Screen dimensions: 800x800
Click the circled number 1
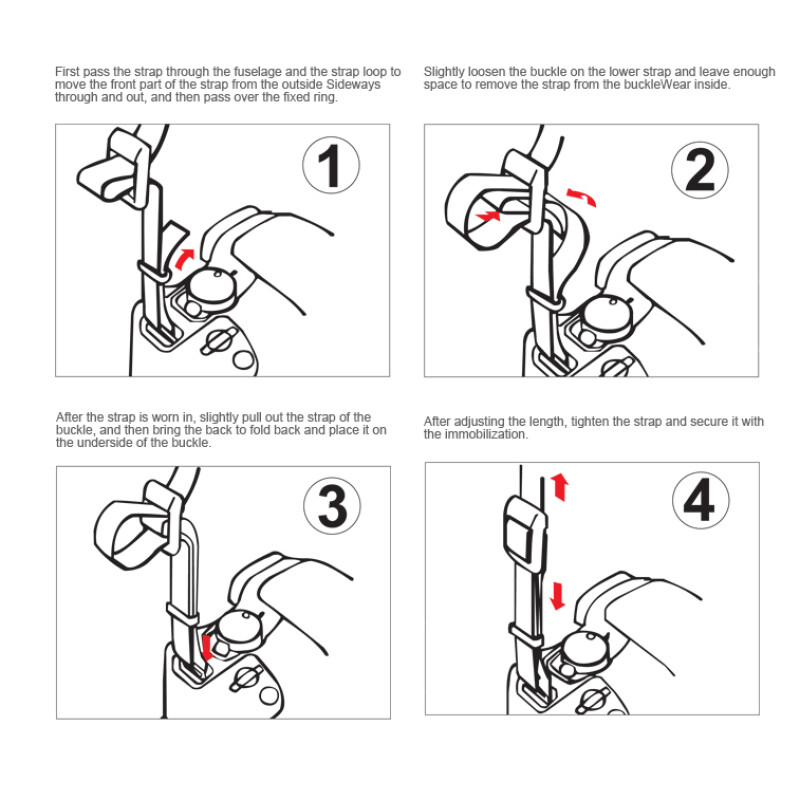click(x=331, y=165)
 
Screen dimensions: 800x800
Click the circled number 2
click(x=699, y=170)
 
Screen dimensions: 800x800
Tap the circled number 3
click(x=332, y=506)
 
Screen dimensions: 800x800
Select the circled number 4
click(x=700, y=501)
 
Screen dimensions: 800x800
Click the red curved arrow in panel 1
click(x=183, y=259)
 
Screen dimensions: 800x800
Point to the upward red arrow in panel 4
click(x=560, y=487)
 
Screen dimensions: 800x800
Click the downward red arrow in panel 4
click(x=558, y=596)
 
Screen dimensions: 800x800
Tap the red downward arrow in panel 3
click(x=207, y=647)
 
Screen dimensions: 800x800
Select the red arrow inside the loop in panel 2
click(x=488, y=216)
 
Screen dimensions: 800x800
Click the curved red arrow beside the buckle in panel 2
click(x=582, y=196)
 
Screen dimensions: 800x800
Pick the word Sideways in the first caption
click(x=353, y=84)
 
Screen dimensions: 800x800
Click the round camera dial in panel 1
click(x=211, y=287)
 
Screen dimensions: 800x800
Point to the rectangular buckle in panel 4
click(x=524, y=533)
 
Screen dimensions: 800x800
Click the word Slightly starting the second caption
click(x=444, y=72)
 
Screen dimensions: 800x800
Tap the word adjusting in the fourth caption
click(x=479, y=422)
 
